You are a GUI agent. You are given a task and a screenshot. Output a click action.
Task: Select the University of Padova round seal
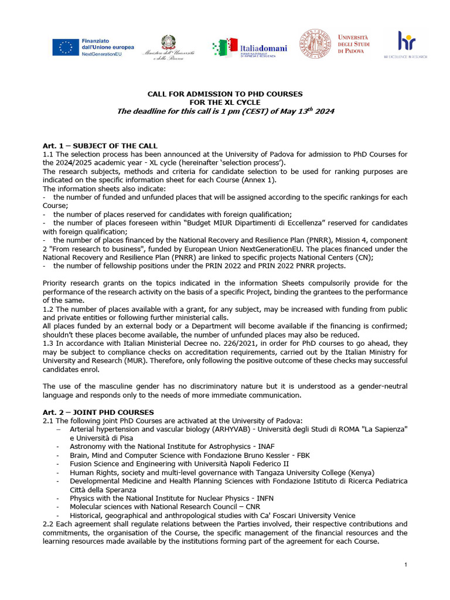[x=316, y=43]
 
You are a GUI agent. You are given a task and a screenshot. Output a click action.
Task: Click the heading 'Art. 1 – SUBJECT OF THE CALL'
[x=100, y=145]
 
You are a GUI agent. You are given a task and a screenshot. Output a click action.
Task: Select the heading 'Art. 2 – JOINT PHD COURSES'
[x=98, y=412]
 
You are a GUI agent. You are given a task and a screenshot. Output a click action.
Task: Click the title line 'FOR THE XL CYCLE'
[x=224, y=102]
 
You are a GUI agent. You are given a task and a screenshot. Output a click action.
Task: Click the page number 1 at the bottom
[x=405, y=564]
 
